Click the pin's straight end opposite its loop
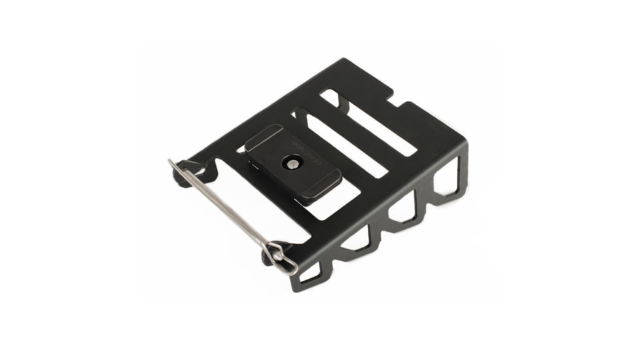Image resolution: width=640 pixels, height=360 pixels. pyautogui.click(x=171, y=161)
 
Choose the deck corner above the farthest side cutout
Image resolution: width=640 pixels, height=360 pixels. pyautogui.click(x=465, y=143)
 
